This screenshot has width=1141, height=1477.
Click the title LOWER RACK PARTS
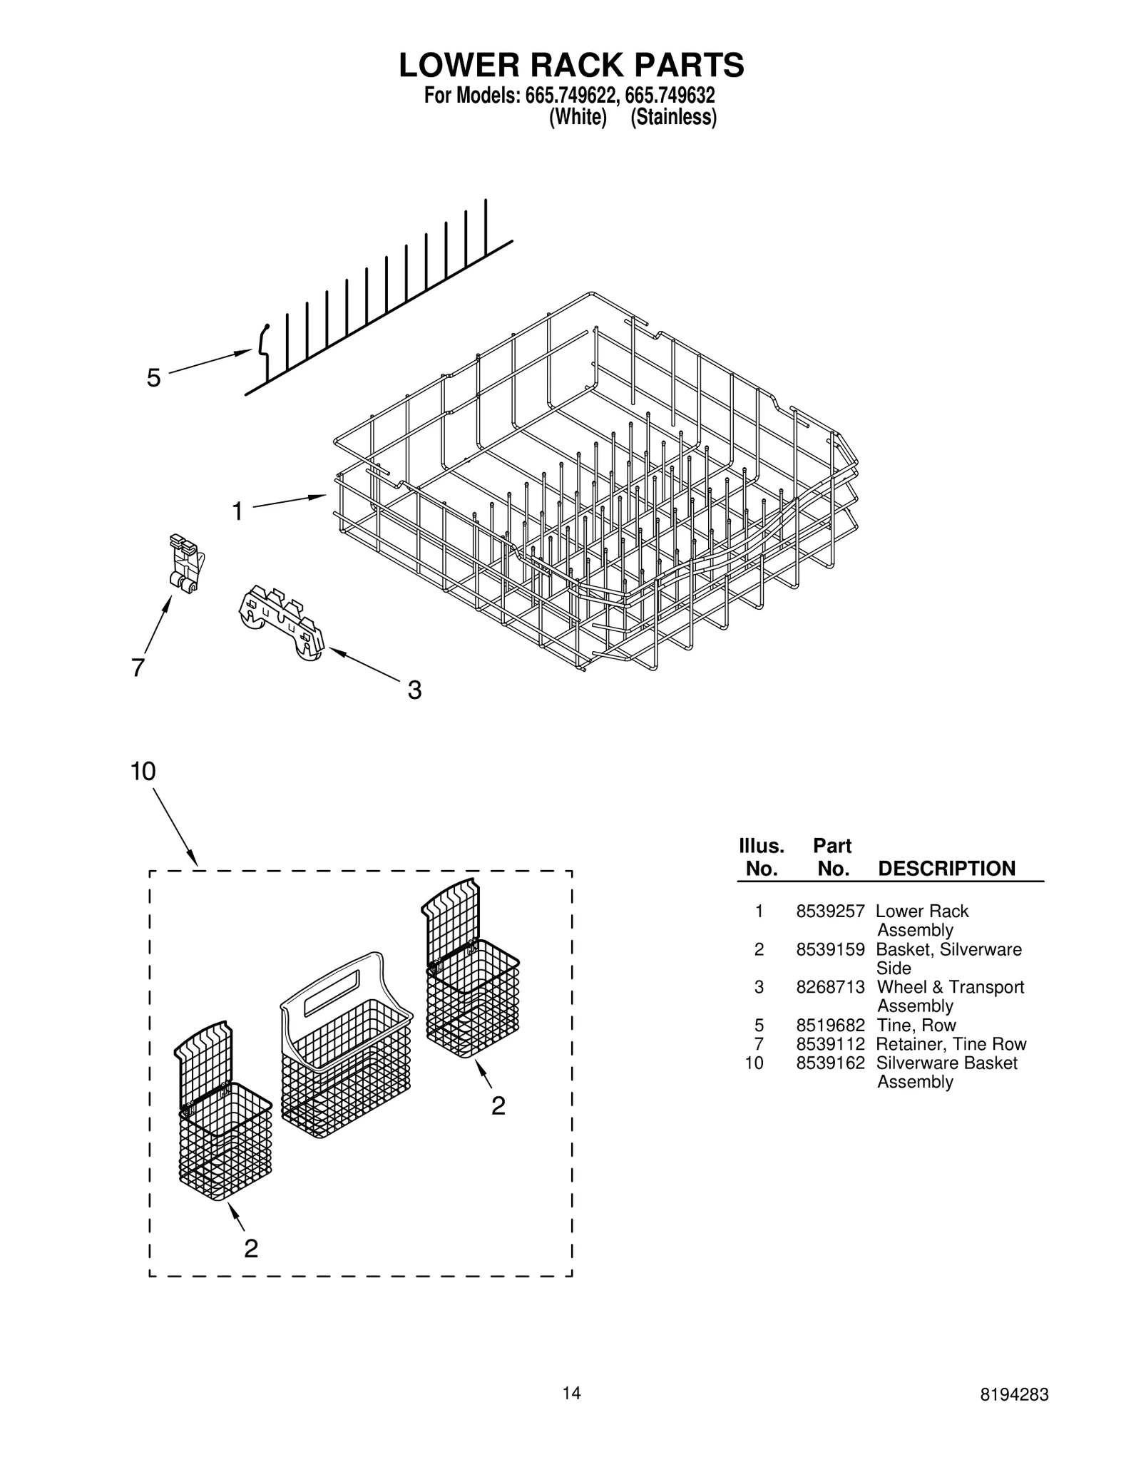click(570, 65)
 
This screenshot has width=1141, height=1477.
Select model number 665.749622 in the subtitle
click(570, 95)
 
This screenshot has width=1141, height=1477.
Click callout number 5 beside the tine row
click(153, 378)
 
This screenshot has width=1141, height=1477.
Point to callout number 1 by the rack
click(237, 511)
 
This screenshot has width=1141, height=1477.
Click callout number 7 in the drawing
click(138, 668)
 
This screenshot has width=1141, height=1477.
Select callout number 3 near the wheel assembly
click(414, 690)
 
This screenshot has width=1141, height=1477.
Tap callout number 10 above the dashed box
click(143, 771)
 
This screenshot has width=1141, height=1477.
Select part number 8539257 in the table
click(830, 911)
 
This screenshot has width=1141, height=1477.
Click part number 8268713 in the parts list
click(830, 987)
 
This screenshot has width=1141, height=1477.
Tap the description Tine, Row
click(916, 1026)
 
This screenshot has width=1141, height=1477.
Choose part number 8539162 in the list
click(830, 1063)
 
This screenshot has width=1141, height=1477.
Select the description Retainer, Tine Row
click(951, 1044)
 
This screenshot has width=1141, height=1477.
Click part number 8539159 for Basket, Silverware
click(830, 949)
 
